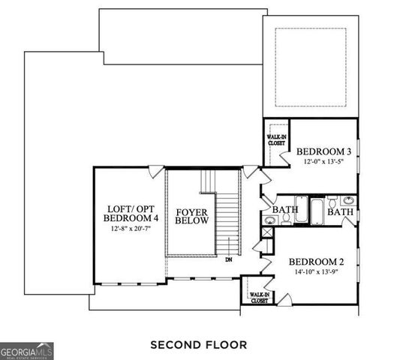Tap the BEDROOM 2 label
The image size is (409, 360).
(x=317, y=262)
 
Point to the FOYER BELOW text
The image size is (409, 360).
(x=192, y=217)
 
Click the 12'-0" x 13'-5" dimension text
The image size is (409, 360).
(x=323, y=162)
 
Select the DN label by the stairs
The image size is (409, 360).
(x=229, y=261)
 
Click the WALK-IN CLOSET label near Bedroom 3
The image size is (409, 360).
(x=274, y=139)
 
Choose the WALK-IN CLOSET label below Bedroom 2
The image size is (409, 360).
(x=260, y=298)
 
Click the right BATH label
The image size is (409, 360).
(x=341, y=212)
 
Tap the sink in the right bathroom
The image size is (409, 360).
(x=348, y=200)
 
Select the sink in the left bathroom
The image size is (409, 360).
(x=269, y=220)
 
